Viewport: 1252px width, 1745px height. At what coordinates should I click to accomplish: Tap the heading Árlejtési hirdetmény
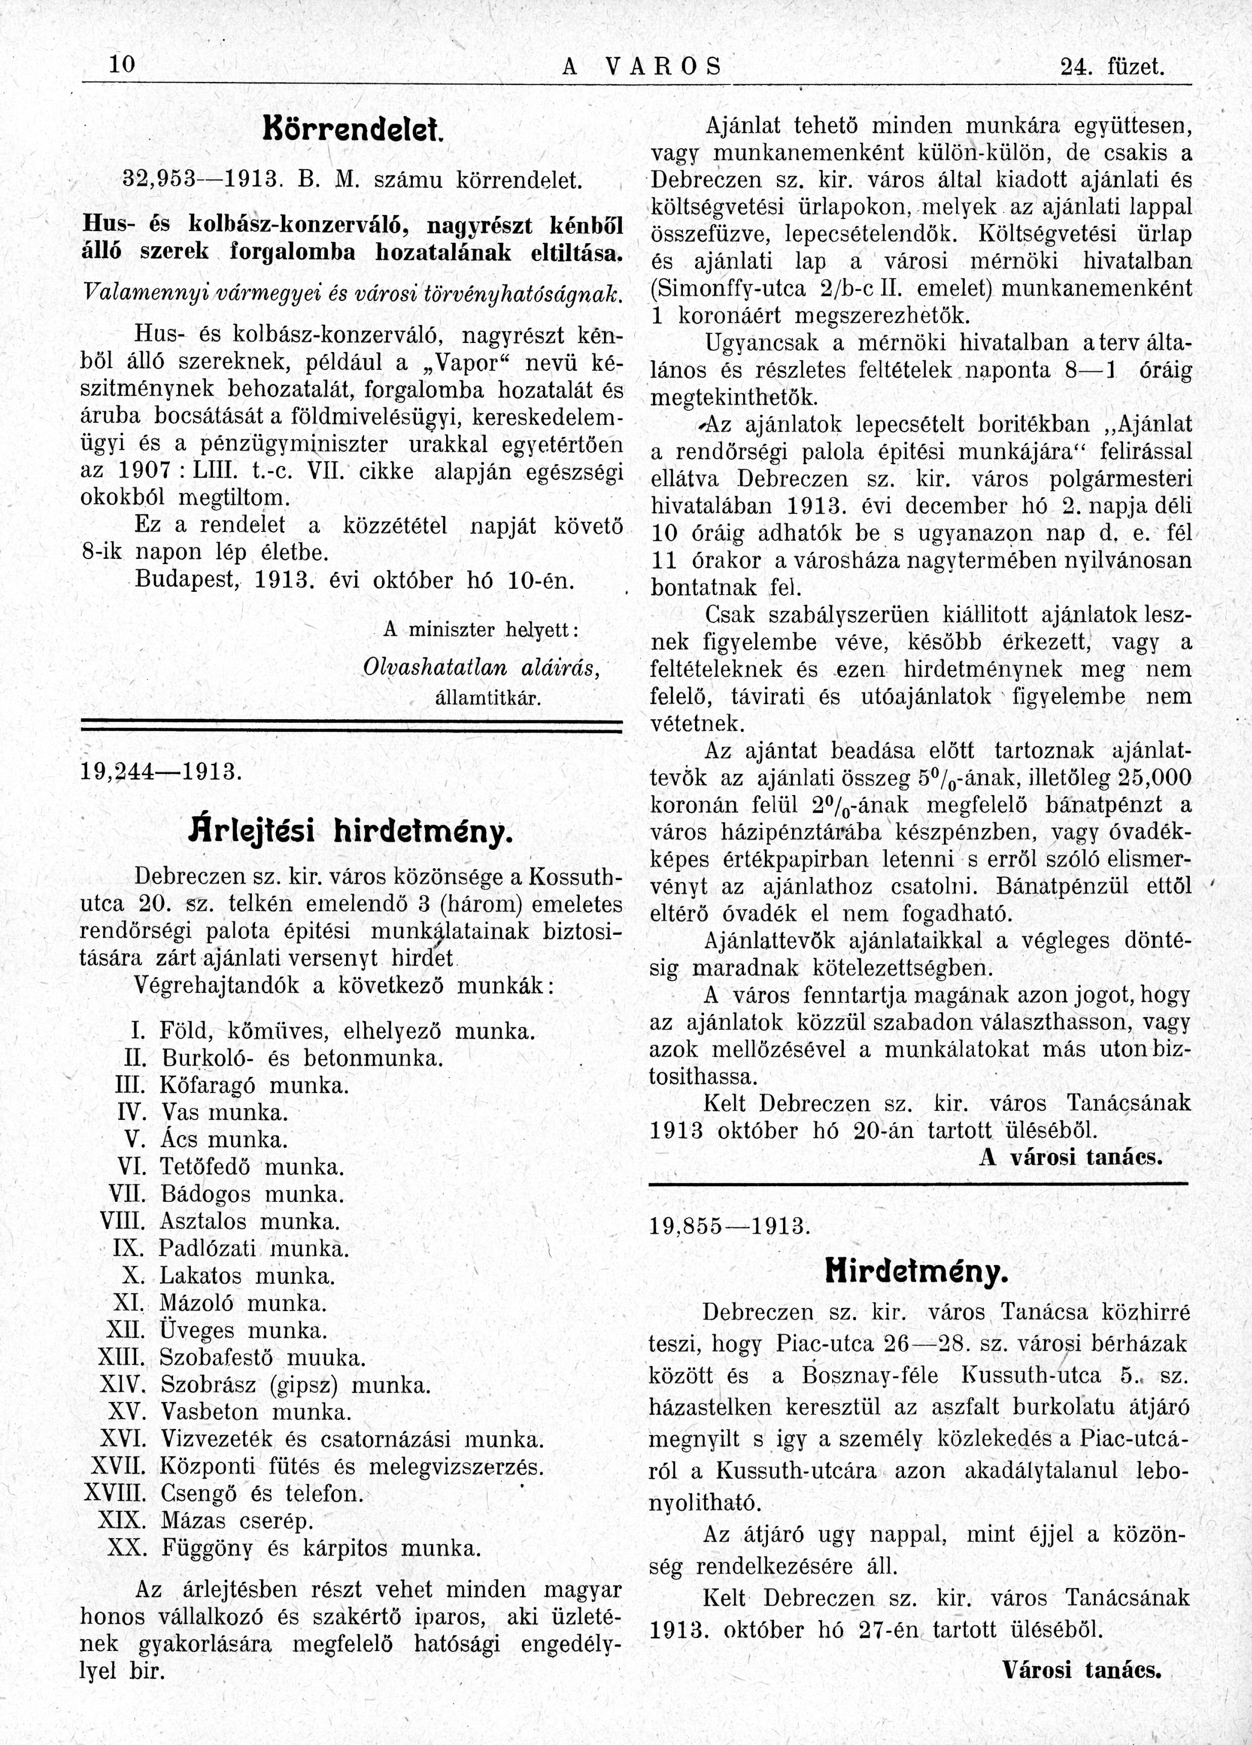point(350,832)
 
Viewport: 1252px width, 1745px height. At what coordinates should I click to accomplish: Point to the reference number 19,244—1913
point(160,770)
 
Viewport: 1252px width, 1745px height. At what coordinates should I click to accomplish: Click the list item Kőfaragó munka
point(254,1085)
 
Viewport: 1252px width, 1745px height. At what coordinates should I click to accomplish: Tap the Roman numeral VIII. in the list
point(122,1221)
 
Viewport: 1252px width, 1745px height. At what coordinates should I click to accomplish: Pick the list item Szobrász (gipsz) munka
point(295,1385)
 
